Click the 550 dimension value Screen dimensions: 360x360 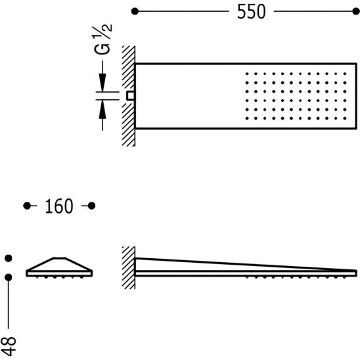pos(252,11)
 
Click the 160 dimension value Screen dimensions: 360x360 pos(59,206)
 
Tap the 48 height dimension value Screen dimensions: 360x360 pos(9,346)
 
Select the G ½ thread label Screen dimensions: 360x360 pos(102,39)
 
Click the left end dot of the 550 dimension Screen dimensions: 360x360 pos(135,11)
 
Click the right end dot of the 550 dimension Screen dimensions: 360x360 pos(356,11)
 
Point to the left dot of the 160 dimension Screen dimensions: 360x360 pos(27,206)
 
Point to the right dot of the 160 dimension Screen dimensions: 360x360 pos(91,206)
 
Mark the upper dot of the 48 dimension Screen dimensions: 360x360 pos(9,258)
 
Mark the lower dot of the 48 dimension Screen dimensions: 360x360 pos(9,277)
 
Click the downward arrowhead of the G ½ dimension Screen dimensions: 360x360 pos(102,83)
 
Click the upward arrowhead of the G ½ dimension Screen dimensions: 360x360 pos(102,110)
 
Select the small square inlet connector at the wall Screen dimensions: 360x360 pos(131,96)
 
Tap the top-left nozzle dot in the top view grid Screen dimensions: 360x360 pos(247,74)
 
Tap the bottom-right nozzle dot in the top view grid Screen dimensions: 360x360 pos(345,118)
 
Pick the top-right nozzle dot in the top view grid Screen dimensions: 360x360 pos(345,74)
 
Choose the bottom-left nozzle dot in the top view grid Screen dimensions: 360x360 pos(247,118)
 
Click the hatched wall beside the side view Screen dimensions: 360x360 pos(129,268)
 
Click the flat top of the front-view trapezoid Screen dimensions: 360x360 pos(60,258)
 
